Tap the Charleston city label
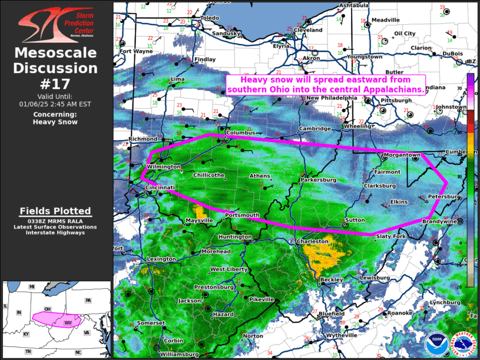coord(312,242)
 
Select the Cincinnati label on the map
coord(161,188)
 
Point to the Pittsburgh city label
coord(396,101)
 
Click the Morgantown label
coord(402,155)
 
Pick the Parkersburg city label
coord(318,180)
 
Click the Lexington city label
coord(161,259)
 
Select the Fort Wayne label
coord(137,51)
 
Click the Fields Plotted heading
coord(55,211)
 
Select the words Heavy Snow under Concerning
coord(55,122)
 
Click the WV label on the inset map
coord(68,323)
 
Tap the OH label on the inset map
coord(48,309)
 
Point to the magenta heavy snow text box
coord(326,84)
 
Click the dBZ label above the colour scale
coord(471,62)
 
